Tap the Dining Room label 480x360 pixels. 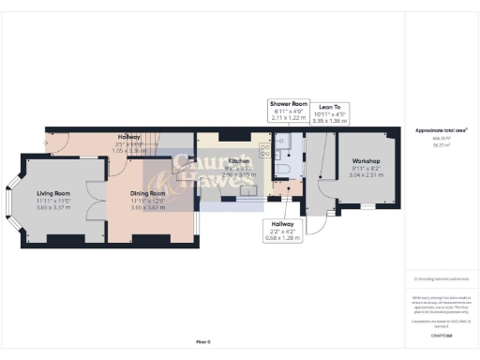pos(147,193)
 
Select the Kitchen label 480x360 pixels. pos(239,161)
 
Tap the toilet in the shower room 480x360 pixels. pos(281,170)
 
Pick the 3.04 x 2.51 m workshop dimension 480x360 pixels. pos(361,174)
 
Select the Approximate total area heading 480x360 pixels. pos(441,130)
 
